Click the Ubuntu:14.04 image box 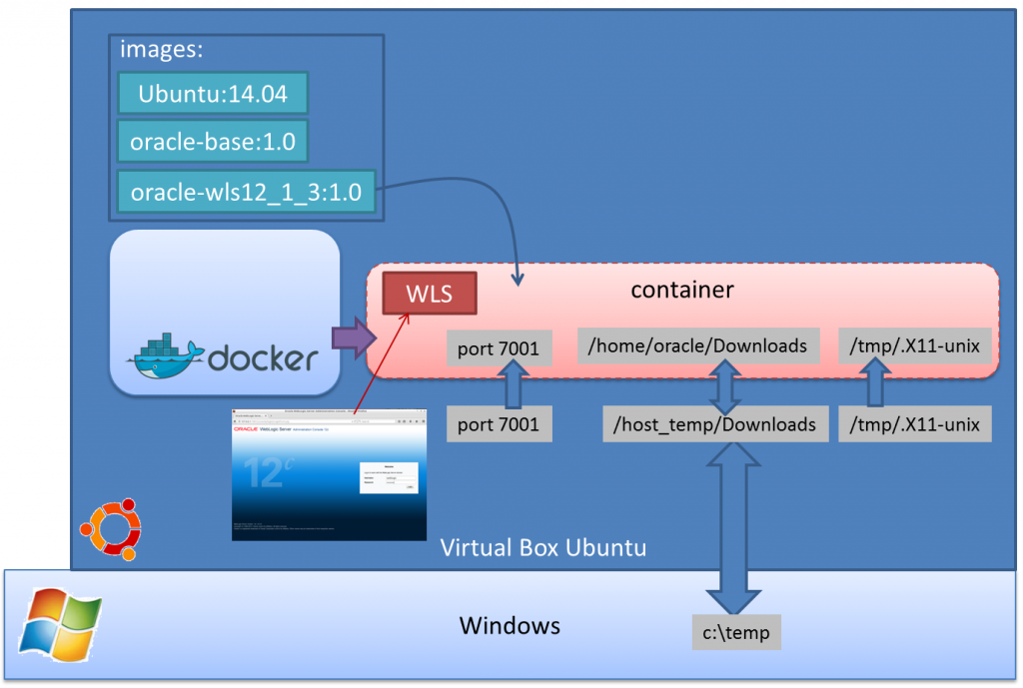(x=212, y=94)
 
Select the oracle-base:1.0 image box (x=212, y=142)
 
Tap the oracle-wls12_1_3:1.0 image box (x=246, y=191)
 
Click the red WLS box (x=429, y=294)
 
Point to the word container (x=682, y=290)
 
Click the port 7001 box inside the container (x=499, y=348)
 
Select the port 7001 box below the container (x=499, y=424)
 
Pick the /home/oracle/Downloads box (x=698, y=345)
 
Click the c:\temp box (x=736, y=632)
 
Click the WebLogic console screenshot (x=329, y=474)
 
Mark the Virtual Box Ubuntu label (x=543, y=547)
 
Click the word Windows (x=510, y=626)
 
